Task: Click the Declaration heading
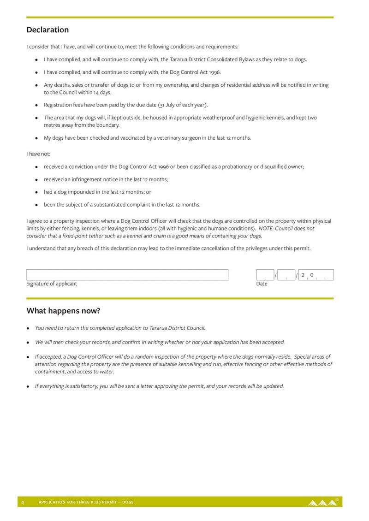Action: pyautogui.click(x=48, y=30)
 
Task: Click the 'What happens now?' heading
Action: pyautogui.click(x=63, y=311)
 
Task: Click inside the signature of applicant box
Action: pyautogui.click(x=127, y=275)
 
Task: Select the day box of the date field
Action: pyautogui.click(x=265, y=275)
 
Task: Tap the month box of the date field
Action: pyautogui.click(x=286, y=275)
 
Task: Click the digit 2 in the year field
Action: pyautogui.click(x=303, y=275)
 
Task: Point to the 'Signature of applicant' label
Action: pyautogui.click(x=52, y=284)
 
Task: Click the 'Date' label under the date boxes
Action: pyautogui.click(x=262, y=284)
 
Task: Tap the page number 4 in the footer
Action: pyautogui.click(x=22, y=502)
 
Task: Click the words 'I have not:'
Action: pyautogui.click(x=38, y=154)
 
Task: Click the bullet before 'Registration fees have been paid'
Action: pyautogui.click(x=36, y=105)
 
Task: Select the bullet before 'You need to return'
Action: pyautogui.click(x=28, y=328)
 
